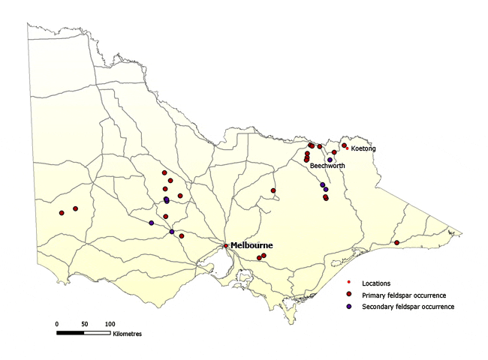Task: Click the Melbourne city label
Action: click(252, 245)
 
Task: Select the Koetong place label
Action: click(363, 148)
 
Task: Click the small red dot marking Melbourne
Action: click(226, 246)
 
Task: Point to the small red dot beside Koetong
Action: click(347, 148)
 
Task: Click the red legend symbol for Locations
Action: click(350, 283)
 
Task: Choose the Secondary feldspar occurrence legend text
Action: click(408, 307)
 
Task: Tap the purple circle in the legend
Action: click(350, 307)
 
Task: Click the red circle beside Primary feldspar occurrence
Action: click(350, 295)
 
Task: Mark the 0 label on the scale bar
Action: click(56, 323)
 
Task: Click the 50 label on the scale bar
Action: click(83, 323)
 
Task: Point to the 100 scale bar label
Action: click(110, 323)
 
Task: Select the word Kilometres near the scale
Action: click(127, 332)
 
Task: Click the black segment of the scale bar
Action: click(70, 331)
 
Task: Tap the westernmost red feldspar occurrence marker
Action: click(62, 213)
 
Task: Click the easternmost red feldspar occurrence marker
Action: click(396, 242)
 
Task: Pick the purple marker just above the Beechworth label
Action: click(330, 160)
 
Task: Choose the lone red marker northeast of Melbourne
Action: click(273, 190)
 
